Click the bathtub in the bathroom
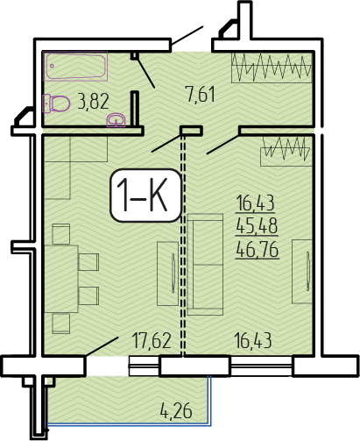tap(75, 66)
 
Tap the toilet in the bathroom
tap(56, 103)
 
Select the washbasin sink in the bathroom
tap(116, 120)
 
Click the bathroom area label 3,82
tap(93, 101)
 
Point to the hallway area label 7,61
tap(201, 94)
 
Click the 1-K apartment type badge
tap(145, 196)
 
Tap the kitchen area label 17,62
tap(152, 340)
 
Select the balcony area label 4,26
tap(176, 410)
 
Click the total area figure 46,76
tap(258, 251)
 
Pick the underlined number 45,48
tap(257, 226)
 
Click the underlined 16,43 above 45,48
tap(256, 203)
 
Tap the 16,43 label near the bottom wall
tap(253, 340)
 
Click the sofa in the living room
tap(205, 265)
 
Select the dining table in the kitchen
tap(61, 279)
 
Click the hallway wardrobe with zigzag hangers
tap(272, 68)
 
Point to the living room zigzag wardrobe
tap(286, 151)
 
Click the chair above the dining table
tap(61, 234)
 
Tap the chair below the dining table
tap(61, 324)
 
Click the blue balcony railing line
tap(129, 424)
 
